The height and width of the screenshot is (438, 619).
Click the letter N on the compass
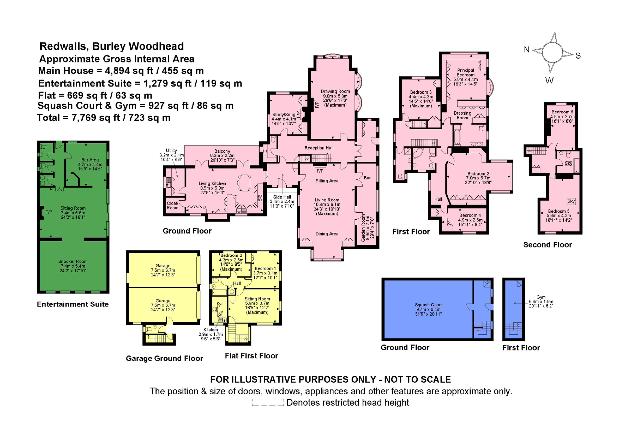click(527, 50)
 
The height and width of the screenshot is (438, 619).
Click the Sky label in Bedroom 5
click(571, 201)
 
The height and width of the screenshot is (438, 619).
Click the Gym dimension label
click(541, 301)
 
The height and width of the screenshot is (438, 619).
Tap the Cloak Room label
click(173, 205)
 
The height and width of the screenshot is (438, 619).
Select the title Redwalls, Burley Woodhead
click(112, 46)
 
